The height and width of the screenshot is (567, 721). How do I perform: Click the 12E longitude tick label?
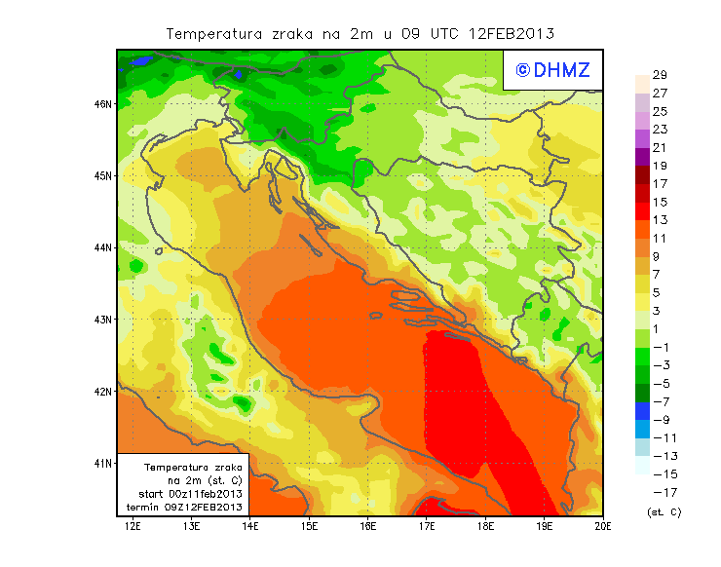[x=133, y=526]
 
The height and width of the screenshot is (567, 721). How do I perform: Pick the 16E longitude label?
[x=368, y=526]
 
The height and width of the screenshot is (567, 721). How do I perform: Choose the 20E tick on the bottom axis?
[x=603, y=526]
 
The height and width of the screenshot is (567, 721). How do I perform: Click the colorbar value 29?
[x=660, y=75]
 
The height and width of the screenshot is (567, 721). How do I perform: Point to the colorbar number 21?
[x=660, y=147]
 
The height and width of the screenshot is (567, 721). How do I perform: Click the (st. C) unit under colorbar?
[x=664, y=511]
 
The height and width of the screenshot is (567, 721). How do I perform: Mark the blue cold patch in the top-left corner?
[x=143, y=60]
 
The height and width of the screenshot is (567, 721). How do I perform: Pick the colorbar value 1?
[x=660, y=328]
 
